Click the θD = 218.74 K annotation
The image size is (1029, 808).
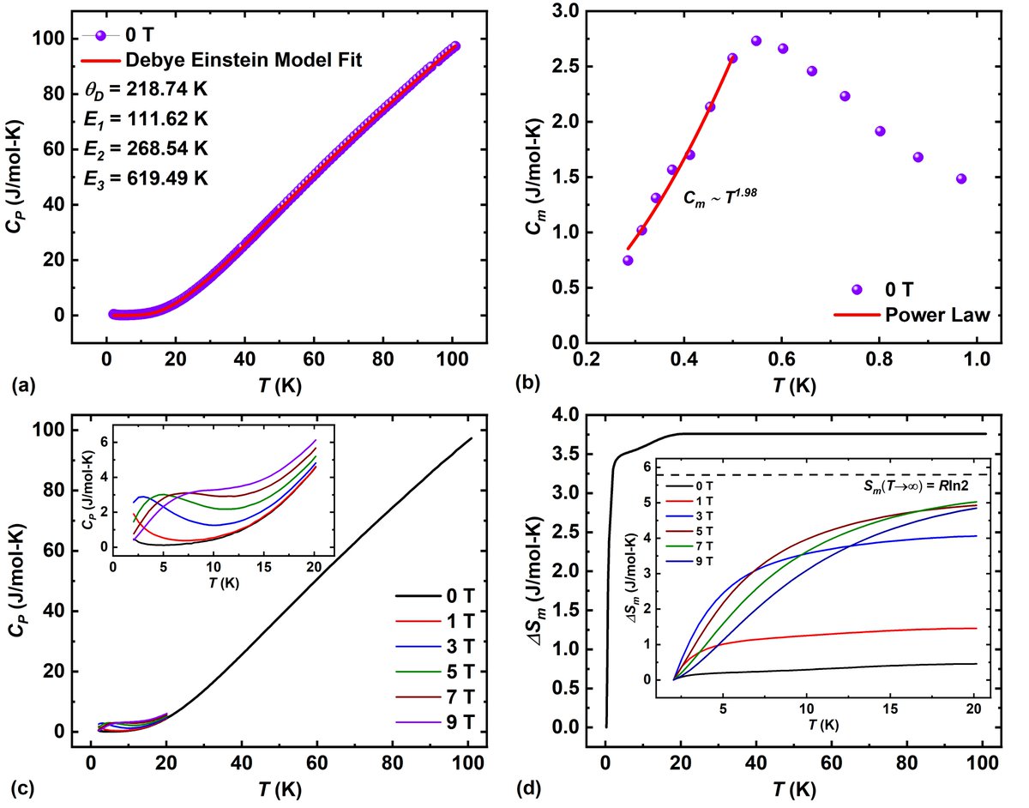coord(152,89)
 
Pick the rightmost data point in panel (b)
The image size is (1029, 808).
coord(961,178)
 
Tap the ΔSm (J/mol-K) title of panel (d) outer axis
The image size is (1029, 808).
coord(539,570)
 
